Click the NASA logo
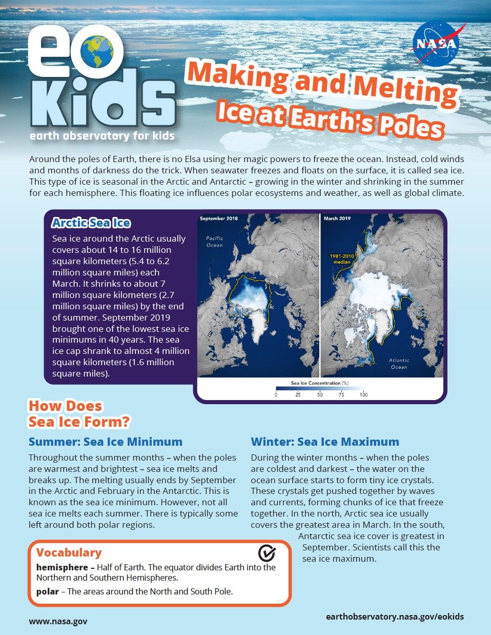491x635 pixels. (437, 43)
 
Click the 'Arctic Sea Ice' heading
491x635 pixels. (91, 223)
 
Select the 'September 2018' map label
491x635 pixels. (219, 219)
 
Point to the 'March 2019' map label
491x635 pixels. (337, 219)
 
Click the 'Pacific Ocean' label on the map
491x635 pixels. (215, 242)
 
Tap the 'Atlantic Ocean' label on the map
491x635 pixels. (399, 364)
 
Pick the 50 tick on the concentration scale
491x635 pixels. (320, 394)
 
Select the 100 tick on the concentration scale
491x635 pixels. (363, 394)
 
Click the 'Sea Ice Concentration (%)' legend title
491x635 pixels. (320, 383)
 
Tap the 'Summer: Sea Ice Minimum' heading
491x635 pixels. (106, 442)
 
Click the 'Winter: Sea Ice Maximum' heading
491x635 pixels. (325, 442)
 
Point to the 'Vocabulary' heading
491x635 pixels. (69, 552)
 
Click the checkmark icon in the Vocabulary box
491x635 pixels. (267, 552)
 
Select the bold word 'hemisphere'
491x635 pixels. (62, 567)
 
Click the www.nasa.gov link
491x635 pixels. (58, 621)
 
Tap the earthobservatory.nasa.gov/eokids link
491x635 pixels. (395, 617)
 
